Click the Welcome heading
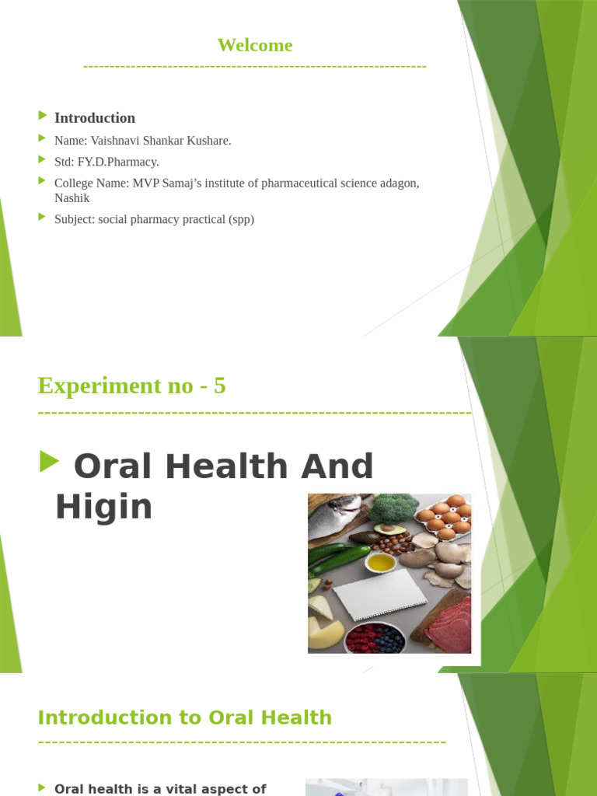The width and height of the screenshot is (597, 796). [255, 45]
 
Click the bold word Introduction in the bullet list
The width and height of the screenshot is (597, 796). [94, 118]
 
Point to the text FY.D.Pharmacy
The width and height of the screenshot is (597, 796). [118, 162]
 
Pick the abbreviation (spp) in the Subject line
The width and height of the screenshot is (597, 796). [241, 219]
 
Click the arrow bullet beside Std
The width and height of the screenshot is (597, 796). [42, 159]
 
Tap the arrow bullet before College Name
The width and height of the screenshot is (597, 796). [42, 180]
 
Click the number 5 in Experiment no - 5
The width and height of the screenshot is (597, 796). [220, 386]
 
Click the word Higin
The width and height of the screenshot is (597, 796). [103, 508]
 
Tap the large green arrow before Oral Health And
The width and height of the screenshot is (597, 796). [49, 463]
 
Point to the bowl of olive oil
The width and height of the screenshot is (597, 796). [380, 561]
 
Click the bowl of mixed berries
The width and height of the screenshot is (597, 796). [374, 638]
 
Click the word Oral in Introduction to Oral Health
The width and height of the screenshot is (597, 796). [211, 717]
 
